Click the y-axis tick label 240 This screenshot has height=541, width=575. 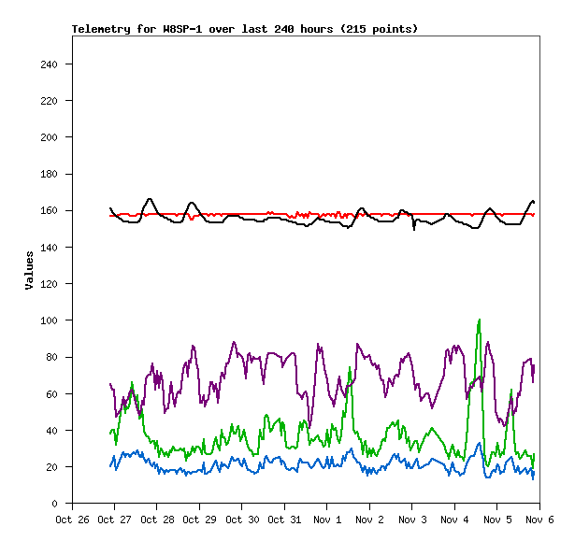[x=49, y=64]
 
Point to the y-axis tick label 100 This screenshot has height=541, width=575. [x=49, y=320]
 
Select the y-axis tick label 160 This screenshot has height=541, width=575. [x=49, y=211]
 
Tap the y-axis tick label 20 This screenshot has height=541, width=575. [x=52, y=467]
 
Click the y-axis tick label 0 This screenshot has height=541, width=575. [x=55, y=504]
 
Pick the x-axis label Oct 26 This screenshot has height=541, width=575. [x=72, y=520]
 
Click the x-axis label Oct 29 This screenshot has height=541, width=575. [x=199, y=520]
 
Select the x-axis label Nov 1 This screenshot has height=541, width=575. [x=327, y=520]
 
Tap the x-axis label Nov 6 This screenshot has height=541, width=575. [x=539, y=520]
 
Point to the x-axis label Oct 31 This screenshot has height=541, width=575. [x=284, y=520]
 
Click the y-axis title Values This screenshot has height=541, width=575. [x=29, y=270]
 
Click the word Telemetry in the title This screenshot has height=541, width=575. [x=101, y=29]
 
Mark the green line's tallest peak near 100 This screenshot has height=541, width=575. [x=480, y=320]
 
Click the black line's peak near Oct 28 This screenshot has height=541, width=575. [x=150, y=199]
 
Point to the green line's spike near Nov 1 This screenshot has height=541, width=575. [x=350, y=368]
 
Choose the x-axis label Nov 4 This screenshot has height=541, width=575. [x=454, y=520]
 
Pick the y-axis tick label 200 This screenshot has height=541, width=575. [x=49, y=137]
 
